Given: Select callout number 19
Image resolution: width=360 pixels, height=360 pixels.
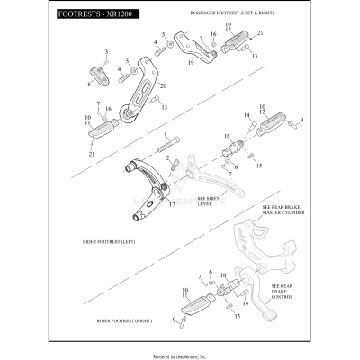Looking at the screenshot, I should (x=192, y=64).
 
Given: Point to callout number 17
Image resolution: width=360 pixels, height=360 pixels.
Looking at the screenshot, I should (x=171, y=204).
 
